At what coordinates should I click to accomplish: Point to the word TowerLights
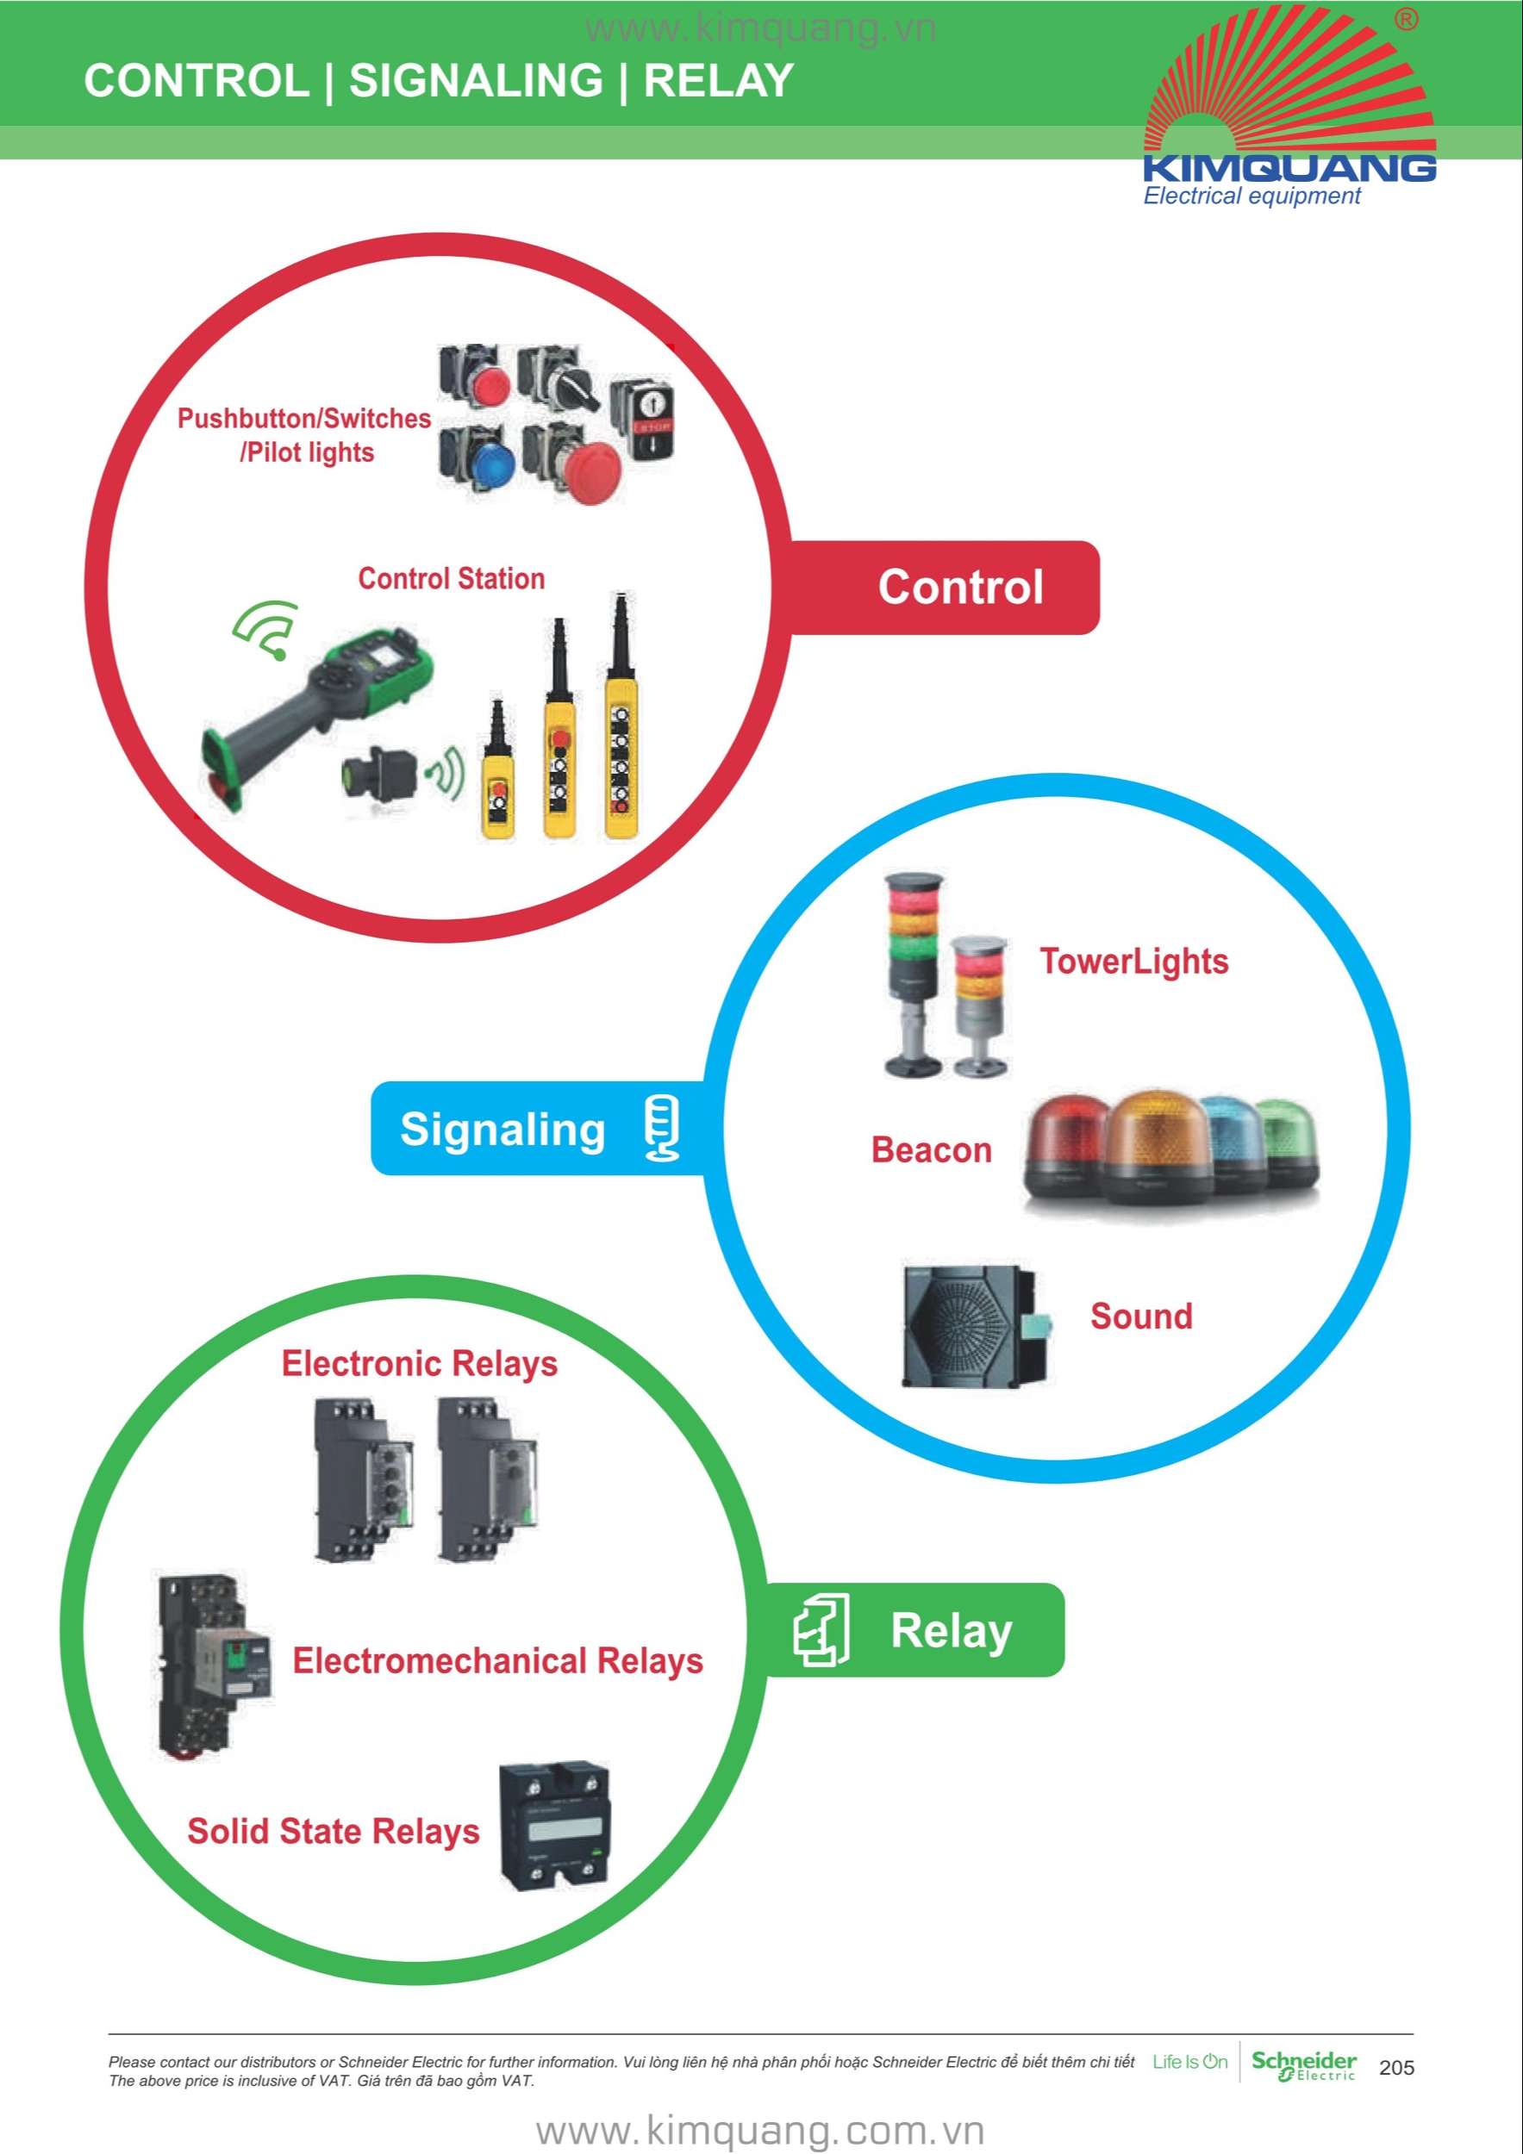tap(1133, 962)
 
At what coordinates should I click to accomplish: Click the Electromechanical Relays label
tap(497, 1660)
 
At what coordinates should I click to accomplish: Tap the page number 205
tap(1396, 2068)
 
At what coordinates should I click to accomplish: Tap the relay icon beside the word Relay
tap(822, 1630)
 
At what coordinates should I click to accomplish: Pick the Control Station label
tap(452, 579)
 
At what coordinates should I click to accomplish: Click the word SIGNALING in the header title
tap(476, 81)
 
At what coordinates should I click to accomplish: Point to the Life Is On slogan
tap(1190, 2062)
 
